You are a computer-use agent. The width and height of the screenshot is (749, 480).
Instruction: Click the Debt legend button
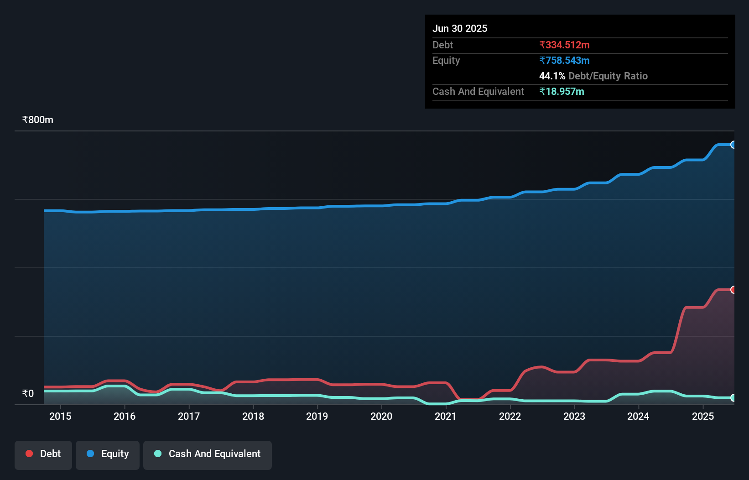click(43, 454)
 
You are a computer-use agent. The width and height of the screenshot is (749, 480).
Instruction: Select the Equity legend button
click(108, 454)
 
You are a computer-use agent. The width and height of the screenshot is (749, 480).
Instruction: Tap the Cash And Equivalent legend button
click(208, 454)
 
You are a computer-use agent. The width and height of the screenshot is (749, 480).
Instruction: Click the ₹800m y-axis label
click(38, 120)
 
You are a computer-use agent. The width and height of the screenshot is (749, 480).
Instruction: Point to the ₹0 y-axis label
click(28, 394)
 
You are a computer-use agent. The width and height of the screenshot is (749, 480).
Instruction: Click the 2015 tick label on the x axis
click(60, 417)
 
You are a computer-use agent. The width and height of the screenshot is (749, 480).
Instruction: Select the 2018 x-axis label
click(253, 417)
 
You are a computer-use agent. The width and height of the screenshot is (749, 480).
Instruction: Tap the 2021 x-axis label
click(446, 417)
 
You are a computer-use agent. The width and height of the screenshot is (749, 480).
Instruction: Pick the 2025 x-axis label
click(703, 417)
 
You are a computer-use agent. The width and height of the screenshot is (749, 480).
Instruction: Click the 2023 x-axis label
click(574, 417)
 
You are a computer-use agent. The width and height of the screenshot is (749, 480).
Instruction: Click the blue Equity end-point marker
click(733, 145)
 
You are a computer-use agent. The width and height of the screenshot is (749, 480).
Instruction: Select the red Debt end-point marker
click(733, 290)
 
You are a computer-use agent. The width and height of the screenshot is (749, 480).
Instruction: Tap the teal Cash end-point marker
click(733, 398)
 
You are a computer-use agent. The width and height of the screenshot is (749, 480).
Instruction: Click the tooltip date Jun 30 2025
click(460, 29)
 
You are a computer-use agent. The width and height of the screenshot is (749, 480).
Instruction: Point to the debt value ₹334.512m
click(564, 45)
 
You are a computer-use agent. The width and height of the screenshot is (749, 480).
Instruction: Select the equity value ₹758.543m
click(564, 61)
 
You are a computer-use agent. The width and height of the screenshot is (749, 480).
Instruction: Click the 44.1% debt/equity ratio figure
click(552, 76)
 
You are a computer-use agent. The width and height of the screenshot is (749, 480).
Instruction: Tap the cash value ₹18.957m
click(562, 92)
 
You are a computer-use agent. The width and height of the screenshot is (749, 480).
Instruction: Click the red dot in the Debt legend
click(29, 454)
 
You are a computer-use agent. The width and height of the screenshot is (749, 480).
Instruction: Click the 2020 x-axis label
click(381, 417)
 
